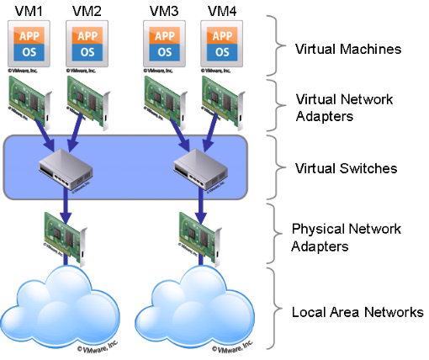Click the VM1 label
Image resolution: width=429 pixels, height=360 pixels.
click(26, 11)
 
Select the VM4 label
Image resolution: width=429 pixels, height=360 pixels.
click(221, 11)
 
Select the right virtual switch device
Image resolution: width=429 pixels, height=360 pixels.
click(201, 167)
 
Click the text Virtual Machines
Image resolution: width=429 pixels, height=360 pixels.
click(347, 48)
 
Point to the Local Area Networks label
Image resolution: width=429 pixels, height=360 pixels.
click(357, 312)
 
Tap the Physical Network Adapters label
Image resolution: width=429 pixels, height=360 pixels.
click(346, 236)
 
